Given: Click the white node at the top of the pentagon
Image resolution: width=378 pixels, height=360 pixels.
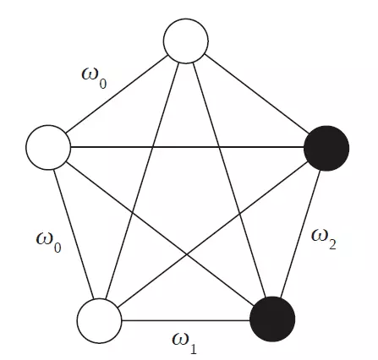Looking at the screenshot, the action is pyautogui.click(x=186, y=41).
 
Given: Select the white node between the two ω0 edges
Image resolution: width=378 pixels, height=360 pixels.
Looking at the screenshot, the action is pyautogui.click(x=48, y=147).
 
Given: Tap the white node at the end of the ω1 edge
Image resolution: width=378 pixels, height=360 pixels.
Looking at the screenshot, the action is pyautogui.click(x=100, y=321).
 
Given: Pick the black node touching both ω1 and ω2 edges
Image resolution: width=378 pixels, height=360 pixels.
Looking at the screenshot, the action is pyautogui.click(x=272, y=319).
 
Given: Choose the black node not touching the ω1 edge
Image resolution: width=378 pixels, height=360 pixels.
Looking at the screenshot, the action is pyautogui.click(x=326, y=149).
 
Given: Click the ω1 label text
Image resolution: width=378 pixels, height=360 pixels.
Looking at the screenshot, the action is pyautogui.click(x=184, y=343).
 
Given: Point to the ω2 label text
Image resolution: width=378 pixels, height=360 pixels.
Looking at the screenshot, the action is pyautogui.click(x=324, y=239).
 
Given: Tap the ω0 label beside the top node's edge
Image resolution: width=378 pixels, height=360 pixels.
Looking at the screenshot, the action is pyautogui.click(x=94, y=78).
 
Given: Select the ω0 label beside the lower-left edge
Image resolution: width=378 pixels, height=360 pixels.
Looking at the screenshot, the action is pyautogui.click(x=49, y=243).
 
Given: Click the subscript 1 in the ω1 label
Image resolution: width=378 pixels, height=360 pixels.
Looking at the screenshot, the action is pyautogui.click(x=193, y=349).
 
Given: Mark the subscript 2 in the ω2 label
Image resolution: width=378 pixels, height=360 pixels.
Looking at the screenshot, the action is pyautogui.click(x=332, y=244).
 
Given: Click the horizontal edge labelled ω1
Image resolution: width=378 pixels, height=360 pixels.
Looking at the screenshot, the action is pyautogui.click(x=186, y=320).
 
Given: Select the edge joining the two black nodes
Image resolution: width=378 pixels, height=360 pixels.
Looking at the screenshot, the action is pyautogui.click(x=299, y=234).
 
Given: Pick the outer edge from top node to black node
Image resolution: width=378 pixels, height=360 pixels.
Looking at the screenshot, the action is pyautogui.click(x=256, y=94).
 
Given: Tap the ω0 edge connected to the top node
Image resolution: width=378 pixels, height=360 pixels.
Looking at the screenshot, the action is pyautogui.click(x=117, y=94).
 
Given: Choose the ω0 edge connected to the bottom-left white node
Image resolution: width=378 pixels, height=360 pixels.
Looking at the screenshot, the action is pyautogui.click(x=74, y=234).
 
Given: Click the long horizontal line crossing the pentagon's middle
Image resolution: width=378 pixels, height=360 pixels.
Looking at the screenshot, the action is pyautogui.click(x=187, y=147).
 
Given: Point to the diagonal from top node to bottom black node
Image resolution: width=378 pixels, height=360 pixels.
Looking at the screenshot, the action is pyautogui.click(x=229, y=180).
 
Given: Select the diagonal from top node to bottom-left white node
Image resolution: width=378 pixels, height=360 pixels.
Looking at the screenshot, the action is pyautogui.click(x=142, y=181).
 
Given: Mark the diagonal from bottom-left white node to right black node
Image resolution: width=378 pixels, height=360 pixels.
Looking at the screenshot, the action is pyautogui.click(x=213, y=235).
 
